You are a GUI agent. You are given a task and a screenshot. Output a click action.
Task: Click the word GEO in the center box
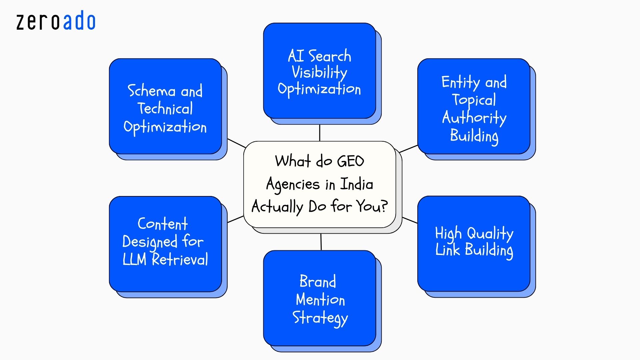(x=350, y=161)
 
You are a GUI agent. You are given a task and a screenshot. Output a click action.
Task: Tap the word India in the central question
(x=356, y=184)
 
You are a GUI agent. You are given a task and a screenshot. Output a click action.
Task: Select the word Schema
(x=152, y=91)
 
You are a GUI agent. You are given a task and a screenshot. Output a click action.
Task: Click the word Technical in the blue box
(x=165, y=109)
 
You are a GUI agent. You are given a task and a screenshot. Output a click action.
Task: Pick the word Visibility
(x=319, y=72)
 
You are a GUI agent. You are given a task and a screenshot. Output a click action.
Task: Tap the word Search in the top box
(x=330, y=56)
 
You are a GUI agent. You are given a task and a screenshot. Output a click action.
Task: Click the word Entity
(x=460, y=82)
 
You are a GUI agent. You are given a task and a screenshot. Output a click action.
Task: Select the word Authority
(x=474, y=117)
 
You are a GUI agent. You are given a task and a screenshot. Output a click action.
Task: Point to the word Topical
(x=474, y=100)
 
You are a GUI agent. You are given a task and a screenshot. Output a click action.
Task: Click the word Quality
(x=490, y=233)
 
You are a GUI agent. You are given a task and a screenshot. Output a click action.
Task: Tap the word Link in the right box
(x=447, y=250)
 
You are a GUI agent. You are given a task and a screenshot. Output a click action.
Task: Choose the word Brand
(x=318, y=281)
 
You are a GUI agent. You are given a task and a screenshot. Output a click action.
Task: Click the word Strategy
(x=320, y=318)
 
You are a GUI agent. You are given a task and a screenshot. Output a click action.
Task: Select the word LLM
(x=134, y=259)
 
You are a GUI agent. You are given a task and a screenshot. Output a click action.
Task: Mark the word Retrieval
(x=180, y=259)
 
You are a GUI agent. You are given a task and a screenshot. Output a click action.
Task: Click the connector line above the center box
(x=320, y=133)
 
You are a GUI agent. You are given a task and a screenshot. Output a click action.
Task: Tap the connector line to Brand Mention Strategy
(x=321, y=242)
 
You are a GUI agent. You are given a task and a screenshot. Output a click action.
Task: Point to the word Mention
(x=320, y=299)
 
